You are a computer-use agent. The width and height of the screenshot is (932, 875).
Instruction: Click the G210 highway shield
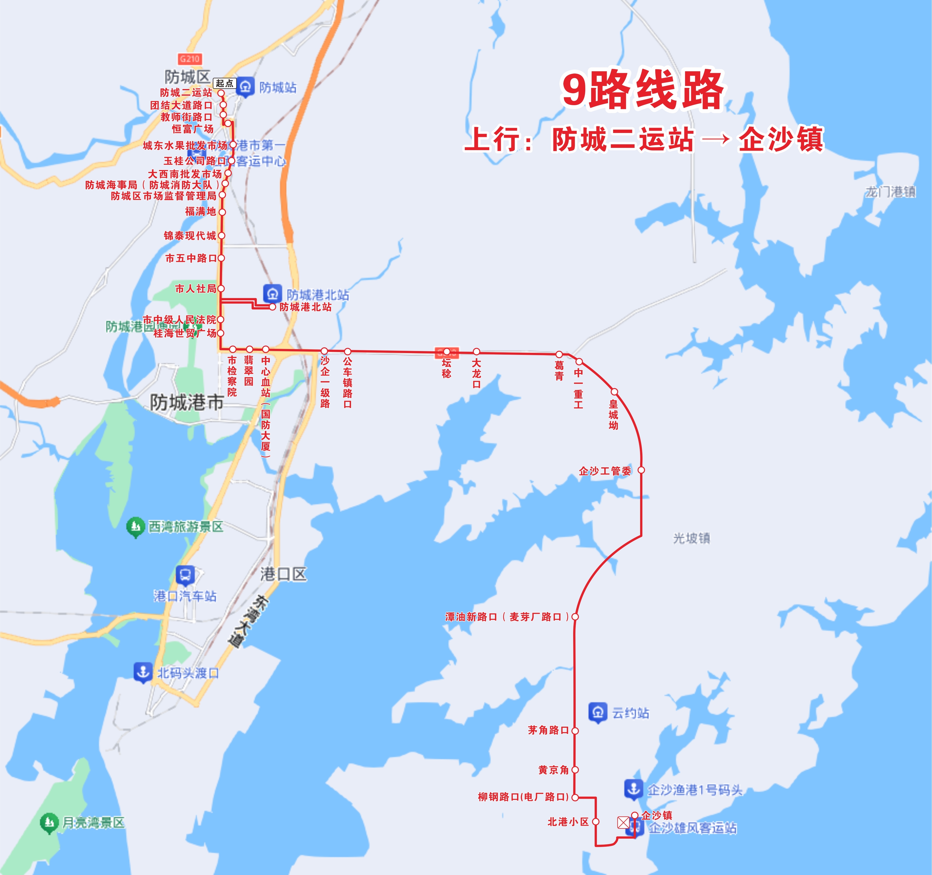coord(190,59)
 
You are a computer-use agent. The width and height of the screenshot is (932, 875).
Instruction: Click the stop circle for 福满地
coord(222,212)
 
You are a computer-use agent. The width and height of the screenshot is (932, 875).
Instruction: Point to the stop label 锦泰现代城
coord(190,235)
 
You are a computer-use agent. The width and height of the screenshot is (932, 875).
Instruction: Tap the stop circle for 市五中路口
coord(221,258)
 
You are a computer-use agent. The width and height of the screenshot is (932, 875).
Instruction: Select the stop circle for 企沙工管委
coord(641,470)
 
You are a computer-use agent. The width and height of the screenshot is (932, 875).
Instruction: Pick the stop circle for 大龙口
coord(476,352)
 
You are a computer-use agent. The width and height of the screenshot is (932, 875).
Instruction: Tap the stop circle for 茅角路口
coord(575,731)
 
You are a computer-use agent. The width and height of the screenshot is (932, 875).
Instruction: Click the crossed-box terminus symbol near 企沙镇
coord(623,822)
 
